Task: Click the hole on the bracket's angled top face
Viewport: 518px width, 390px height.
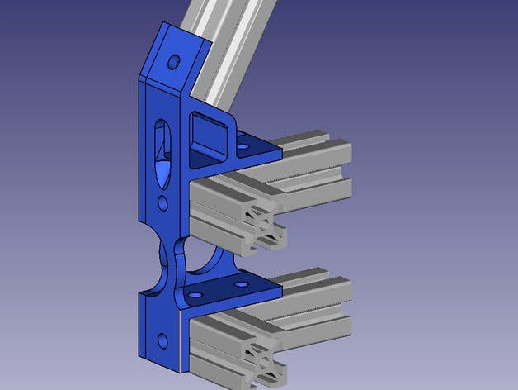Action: pos(174,62)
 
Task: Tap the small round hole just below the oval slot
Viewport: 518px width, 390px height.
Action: pos(162,202)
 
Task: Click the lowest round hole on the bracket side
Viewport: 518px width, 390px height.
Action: pos(162,338)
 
